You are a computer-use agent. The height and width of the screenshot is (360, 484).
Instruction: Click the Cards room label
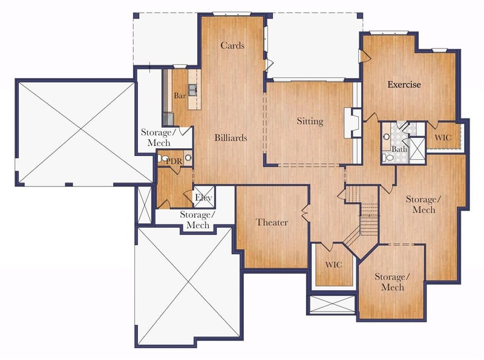(232, 45)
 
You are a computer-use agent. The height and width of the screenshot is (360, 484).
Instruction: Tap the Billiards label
(231, 137)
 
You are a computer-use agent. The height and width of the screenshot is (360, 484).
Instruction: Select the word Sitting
(310, 121)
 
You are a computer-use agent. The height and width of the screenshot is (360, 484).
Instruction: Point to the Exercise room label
(404, 84)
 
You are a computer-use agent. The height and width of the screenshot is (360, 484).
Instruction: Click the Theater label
(272, 222)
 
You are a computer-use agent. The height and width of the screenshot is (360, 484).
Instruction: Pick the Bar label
(180, 96)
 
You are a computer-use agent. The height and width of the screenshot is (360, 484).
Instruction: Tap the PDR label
(174, 161)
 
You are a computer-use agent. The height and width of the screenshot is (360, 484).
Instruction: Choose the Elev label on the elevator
(203, 197)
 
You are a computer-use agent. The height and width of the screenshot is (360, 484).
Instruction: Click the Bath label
(399, 149)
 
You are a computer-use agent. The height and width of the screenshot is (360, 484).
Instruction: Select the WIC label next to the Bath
(443, 137)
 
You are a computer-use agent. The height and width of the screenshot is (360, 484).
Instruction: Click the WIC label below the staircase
(334, 264)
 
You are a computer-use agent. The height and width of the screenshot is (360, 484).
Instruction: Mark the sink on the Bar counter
(193, 90)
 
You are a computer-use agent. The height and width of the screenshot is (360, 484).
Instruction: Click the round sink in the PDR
(188, 158)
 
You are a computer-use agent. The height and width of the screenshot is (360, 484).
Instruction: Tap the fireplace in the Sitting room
(353, 123)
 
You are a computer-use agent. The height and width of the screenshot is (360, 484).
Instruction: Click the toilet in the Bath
(388, 157)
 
